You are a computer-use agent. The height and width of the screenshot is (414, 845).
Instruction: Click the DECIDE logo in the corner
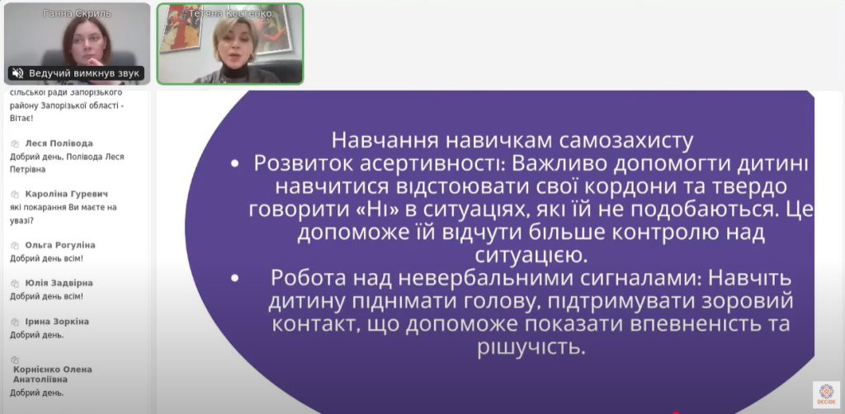pyautogui.click(x=826, y=394)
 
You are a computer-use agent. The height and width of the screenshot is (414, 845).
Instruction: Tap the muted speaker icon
pyautogui.click(x=18, y=73)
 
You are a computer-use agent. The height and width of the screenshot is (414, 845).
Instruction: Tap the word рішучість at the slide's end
pyautogui.click(x=531, y=348)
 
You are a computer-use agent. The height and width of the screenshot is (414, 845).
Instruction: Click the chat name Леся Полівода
pyautogui.click(x=59, y=143)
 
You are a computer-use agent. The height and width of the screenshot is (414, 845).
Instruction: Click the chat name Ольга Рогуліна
pyautogui.click(x=59, y=245)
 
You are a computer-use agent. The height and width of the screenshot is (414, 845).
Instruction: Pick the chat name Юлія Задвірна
pyautogui.click(x=59, y=283)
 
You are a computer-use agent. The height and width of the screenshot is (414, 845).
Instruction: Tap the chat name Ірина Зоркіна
pyautogui.click(x=57, y=322)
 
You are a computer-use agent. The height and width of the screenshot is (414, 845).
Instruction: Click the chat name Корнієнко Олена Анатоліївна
pyautogui.click(x=53, y=374)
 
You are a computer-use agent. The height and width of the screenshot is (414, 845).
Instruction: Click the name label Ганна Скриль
pyautogui.click(x=77, y=13)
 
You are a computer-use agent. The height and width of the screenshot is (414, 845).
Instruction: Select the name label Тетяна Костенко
pyautogui.click(x=229, y=13)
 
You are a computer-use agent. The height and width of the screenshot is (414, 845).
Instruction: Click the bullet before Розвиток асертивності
pyautogui.click(x=234, y=165)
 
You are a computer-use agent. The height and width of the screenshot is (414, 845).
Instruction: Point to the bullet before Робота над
pyautogui.click(x=234, y=278)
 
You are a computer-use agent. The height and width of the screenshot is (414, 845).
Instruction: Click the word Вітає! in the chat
pyautogui.click(x=21, y=119)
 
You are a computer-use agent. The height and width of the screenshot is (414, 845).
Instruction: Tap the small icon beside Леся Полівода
pyautogui.click(x=15, y=143)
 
